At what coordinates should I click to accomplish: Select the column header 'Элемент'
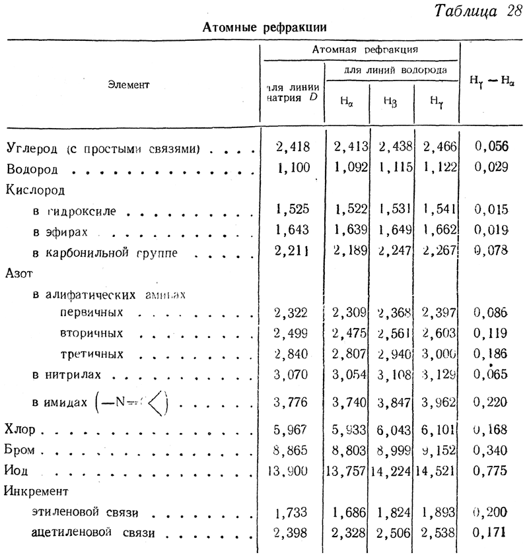129,84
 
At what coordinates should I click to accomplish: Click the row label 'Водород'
32,170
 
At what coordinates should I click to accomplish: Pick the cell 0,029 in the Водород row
491,168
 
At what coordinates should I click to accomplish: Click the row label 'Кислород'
36,190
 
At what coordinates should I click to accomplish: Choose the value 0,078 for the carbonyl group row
491,252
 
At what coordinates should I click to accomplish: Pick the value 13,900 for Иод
291,471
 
